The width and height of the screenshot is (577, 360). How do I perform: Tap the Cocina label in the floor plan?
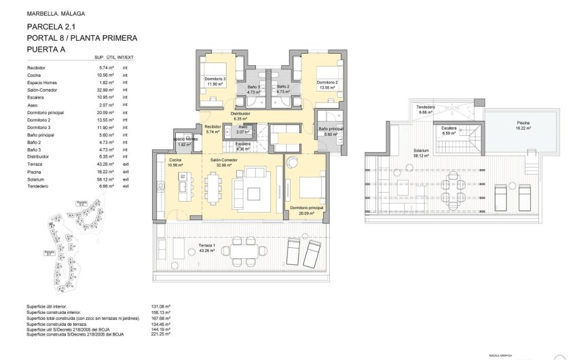[x=177, y=160]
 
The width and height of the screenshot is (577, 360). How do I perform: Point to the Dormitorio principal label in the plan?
[x=305, y=207]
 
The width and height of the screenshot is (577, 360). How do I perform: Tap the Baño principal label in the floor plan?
[x=331, y=128]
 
